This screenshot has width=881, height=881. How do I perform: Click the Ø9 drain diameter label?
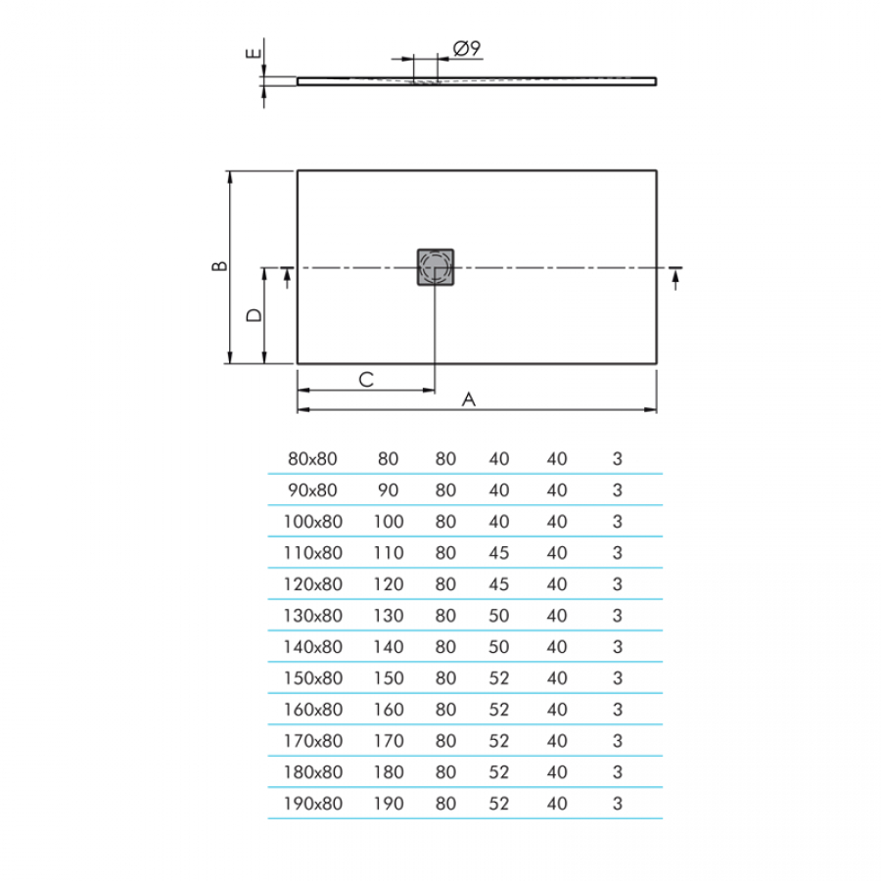click(x=466, y=48)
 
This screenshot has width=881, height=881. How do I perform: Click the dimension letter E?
click(x=254, y=54)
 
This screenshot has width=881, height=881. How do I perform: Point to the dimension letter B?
click(x=219, y=265)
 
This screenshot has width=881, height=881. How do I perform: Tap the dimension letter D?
click(x=254, y=315)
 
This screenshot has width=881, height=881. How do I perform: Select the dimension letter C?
click(x=366, y=380)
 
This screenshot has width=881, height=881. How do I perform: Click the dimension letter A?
click(x=469, y=399)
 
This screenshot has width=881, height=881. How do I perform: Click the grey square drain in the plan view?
click(x=436, y=267)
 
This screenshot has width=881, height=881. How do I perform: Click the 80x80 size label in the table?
click(x=312, y=459)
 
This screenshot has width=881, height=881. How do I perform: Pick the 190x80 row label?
click(x=313, y=804)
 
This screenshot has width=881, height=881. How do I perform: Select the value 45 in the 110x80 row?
click(x=499, y=553)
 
